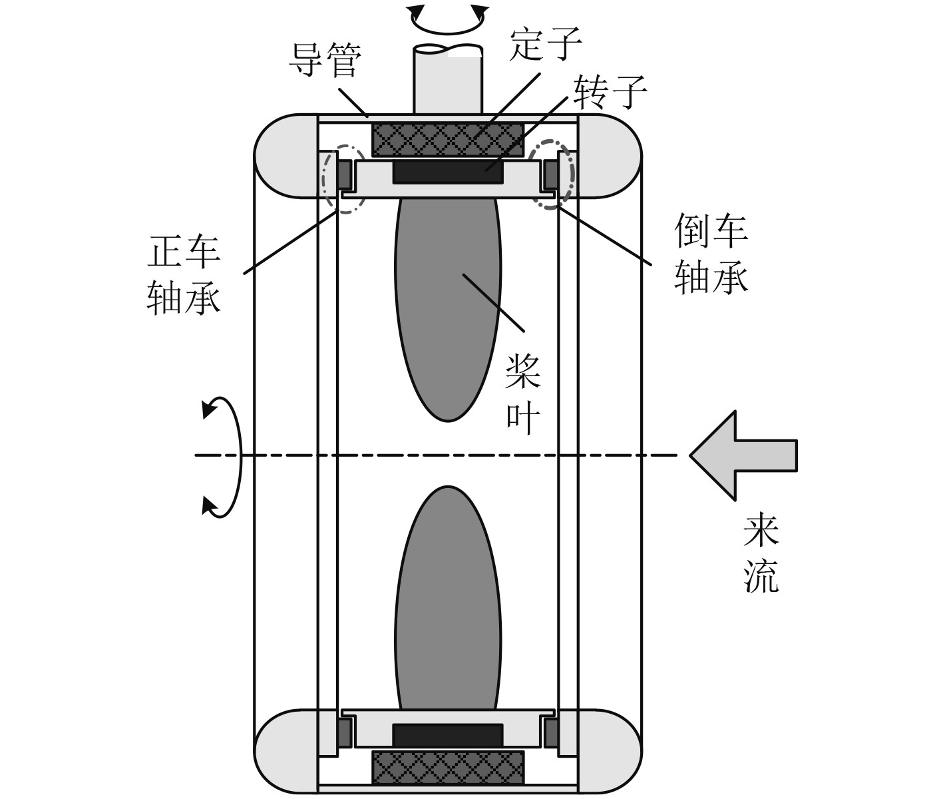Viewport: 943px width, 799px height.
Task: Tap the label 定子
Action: click(x=545, y=45)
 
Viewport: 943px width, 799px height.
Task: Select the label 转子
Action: click(x=610, y=93)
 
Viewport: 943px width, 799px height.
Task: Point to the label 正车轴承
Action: click(x=183, y=276)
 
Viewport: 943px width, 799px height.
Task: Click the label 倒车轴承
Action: click(x=711, y=253)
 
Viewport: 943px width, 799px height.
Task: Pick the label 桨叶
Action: click(x=523, y=393)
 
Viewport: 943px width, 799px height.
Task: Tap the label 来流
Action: click(x=761, y=553)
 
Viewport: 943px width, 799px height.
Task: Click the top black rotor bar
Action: click(x=448, y=172)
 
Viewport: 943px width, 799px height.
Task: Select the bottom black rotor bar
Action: click(x=448, y=735)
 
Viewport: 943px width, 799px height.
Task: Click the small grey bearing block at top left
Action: click(x=344, y=175)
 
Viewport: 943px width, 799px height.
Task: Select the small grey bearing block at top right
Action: click(x=552, y=175)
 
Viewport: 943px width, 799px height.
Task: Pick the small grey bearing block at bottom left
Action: click(x=344, y=733)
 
